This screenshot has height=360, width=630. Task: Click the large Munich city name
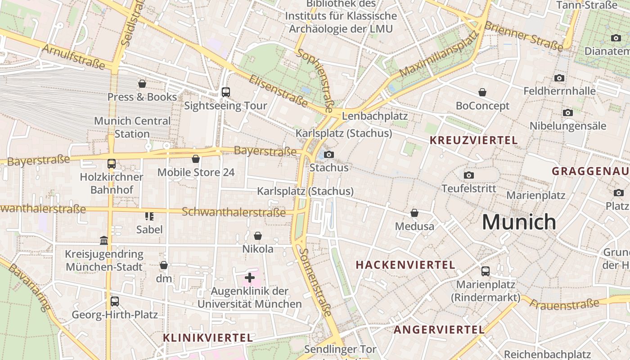pos(519,222)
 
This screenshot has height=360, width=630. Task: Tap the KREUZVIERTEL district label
pos(473,140)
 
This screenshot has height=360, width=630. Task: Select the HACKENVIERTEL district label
pos(405,265)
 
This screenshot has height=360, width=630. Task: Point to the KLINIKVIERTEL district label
pos(208,337)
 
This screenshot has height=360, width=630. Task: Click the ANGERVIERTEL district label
pos(439,329)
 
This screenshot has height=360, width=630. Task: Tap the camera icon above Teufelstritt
pos(469,175)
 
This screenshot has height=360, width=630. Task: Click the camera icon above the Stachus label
pos(329,155)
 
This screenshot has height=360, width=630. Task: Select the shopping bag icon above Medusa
pos(414,213)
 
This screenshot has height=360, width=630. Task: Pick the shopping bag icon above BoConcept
pos(482,92)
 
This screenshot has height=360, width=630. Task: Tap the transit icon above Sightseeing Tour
pos(226,92)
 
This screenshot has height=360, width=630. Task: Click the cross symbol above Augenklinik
pos(249,278)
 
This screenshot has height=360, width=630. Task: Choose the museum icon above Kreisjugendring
pos(104,241)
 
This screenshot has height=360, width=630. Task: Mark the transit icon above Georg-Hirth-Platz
pos(115,301)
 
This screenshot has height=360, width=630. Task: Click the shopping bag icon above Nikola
pos(258,236)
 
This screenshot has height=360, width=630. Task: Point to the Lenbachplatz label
pos(375,116)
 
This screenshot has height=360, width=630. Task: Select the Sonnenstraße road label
pos(316,282)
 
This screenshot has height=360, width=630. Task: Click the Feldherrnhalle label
pos(559,91)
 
